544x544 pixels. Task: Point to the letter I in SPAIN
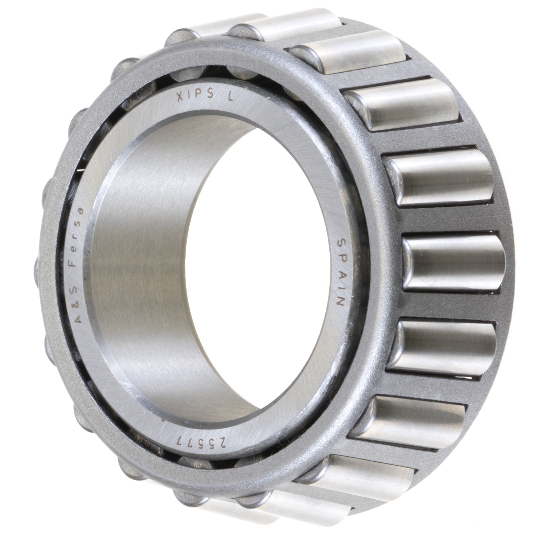[341, 286]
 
